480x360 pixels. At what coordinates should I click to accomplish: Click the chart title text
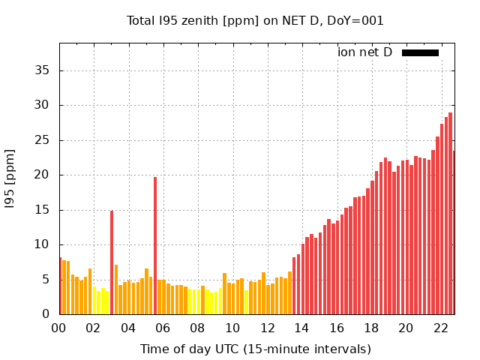(x=255, y=21)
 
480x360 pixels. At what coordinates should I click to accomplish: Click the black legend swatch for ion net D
(x=420, y=52)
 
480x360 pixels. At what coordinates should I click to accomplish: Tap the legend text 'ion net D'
(x=364, y=52)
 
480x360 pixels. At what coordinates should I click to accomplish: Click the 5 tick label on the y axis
(x=46, y=280)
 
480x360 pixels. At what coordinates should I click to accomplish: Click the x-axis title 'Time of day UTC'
(x=255, y=349)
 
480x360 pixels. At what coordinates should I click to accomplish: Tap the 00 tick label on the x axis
(x=59, y=328)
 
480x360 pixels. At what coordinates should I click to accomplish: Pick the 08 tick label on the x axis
(x=198, y=328)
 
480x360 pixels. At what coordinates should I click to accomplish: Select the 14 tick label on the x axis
(x=302, y=328)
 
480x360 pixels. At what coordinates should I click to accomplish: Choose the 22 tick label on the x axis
(x=441, y=328)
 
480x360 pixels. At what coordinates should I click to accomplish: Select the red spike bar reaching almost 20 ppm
(x=155, y=246)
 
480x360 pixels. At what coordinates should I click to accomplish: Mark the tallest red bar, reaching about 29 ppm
(x=450, y=214)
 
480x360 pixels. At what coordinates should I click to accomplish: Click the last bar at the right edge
(x=454, y=232)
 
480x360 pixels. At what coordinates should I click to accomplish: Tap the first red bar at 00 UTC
(x=61, y=286)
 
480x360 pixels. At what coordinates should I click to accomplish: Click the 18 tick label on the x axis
(x=371, y=328)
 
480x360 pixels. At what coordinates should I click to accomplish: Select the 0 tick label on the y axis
(x=46, y=314)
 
